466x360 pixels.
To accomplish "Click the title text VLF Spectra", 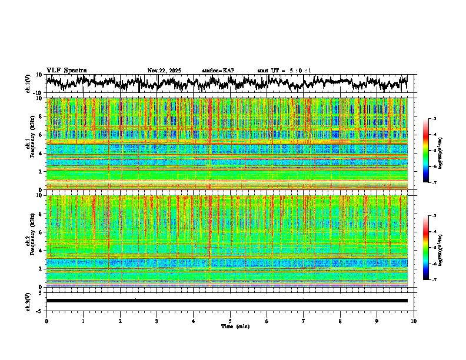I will click(66, 70).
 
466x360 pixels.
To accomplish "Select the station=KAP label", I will click(218, 71).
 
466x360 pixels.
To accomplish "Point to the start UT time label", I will click(284, 71).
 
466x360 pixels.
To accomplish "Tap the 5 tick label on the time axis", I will click(230, 321).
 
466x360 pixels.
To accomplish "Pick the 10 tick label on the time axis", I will click(414, 321).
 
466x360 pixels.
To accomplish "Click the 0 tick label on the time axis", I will click(46, 321).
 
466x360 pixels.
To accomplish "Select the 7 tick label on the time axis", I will click(304, 321).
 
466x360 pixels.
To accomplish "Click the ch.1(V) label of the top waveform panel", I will click(28, 84).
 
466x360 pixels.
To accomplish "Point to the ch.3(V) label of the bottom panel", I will click(28, 300).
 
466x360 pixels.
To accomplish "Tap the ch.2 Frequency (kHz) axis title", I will click(31, 241).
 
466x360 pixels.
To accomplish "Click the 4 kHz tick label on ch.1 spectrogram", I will click(41, 153).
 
